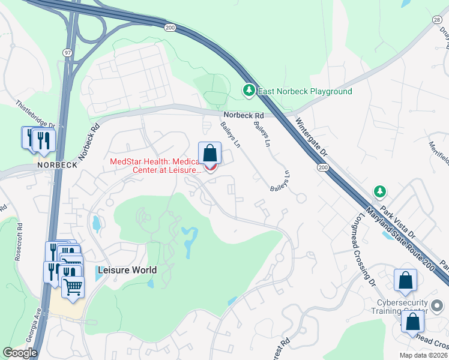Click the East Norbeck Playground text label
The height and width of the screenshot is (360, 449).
pyautogui.click(x=305, y=92)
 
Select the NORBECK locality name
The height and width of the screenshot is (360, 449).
pyautogui.click(x=56, y=164)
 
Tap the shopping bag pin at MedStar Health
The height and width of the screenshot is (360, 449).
pyautogui.click(x=209, y=153)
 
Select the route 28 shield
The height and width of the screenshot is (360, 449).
pyautogui.click(x=437, y=20)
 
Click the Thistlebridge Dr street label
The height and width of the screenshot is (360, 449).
pyautogui.click(x=35, y=113)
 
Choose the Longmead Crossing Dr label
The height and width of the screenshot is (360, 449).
pyautogui.click(x=365, y=241)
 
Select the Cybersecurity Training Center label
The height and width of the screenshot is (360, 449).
pyautogui.click(x=402, y=307)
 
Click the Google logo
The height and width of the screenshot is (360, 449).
pyautogui.click(x=20, y=353)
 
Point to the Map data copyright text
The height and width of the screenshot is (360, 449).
pyautogui.click(x=424, y=355)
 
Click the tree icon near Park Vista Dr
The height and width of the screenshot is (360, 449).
pyautogui.click(x=379, y=191)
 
